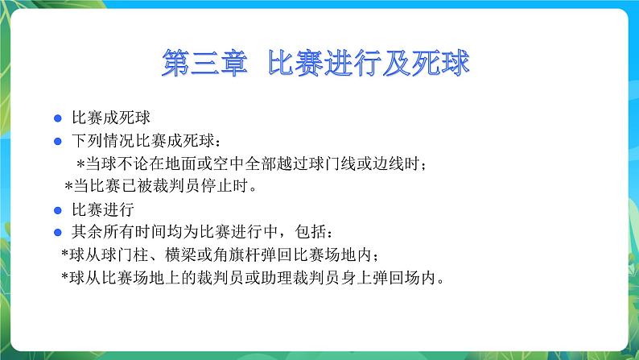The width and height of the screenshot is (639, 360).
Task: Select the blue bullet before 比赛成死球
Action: pos(57,118)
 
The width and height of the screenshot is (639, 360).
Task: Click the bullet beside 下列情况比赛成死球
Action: pos(57,141)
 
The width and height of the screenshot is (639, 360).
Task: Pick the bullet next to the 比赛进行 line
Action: pos(57,211)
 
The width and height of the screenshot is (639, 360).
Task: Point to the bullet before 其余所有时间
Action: pos(57,234)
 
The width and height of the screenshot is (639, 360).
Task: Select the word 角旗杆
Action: pos(233,256)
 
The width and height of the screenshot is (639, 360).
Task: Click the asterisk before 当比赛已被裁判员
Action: pos(69,188)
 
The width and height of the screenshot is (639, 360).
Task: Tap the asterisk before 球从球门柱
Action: pos(65,257)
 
